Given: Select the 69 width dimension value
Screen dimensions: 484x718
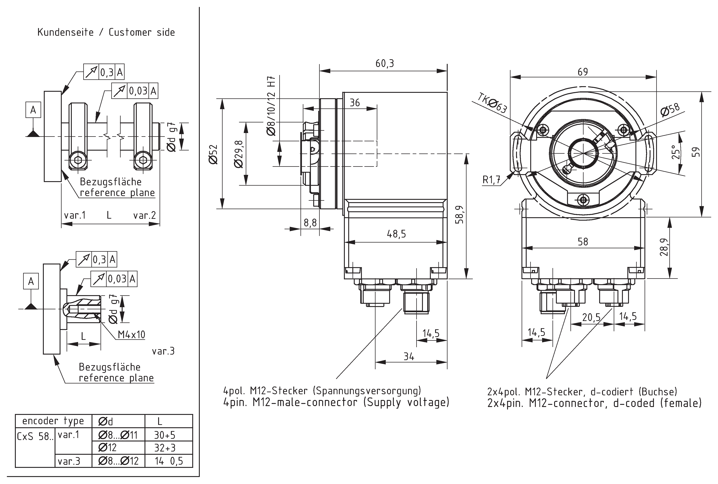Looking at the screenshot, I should [x=582, y=72].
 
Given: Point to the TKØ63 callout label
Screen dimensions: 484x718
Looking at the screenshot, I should [x=492, y=103].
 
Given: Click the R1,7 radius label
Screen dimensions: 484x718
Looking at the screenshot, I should [x=491, y=180].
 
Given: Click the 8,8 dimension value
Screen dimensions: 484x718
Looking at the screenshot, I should [x=310, y=223].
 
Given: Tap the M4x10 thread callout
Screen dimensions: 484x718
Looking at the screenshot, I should [x=131, y=335].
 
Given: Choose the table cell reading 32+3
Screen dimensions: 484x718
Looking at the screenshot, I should [x=165, y=448].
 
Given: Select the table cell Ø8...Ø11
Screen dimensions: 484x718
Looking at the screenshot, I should [x=118, y=435].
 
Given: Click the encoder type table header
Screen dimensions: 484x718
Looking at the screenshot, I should [x=53, y=421].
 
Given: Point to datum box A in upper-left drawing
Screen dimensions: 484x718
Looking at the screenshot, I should [x=33, y=110].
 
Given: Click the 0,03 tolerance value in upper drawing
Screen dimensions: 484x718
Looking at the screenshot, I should [x=138, y=91].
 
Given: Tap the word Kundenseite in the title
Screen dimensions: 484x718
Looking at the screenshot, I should [x=65, y=32].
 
